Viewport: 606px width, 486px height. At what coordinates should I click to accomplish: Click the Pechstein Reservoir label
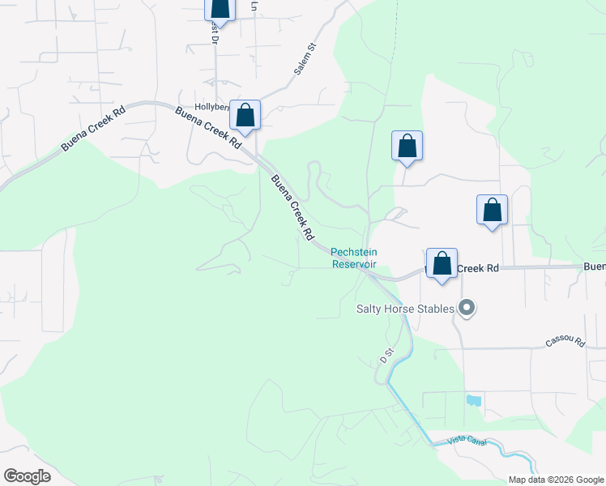(x=354, y=258)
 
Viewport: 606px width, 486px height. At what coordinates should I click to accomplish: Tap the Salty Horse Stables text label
(x=405, y=309)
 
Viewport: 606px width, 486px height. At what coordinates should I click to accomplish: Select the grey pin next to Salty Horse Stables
(x=467, y=308)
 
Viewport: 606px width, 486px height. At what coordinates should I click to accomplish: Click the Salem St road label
(x=304, y=62)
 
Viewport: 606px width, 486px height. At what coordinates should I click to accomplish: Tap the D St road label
(x=386, y=355)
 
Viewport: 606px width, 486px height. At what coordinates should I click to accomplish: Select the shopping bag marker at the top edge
(x=220, y=9)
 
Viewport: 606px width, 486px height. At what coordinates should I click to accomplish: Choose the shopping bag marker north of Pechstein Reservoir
(x=407, y=147)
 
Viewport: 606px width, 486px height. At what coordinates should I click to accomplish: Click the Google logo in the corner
(x=27, y=475)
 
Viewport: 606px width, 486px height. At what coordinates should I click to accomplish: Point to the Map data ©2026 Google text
(x=555, y=480)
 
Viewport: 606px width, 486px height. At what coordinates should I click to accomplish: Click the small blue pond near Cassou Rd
(x=472, y=400)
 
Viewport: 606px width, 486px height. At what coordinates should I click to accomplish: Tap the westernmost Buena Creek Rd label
(x=93, y=130)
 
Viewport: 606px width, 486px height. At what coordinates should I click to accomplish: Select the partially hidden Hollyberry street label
(x=212, y=107)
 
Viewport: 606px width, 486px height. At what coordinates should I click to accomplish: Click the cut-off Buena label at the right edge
(x=594, y=266)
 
